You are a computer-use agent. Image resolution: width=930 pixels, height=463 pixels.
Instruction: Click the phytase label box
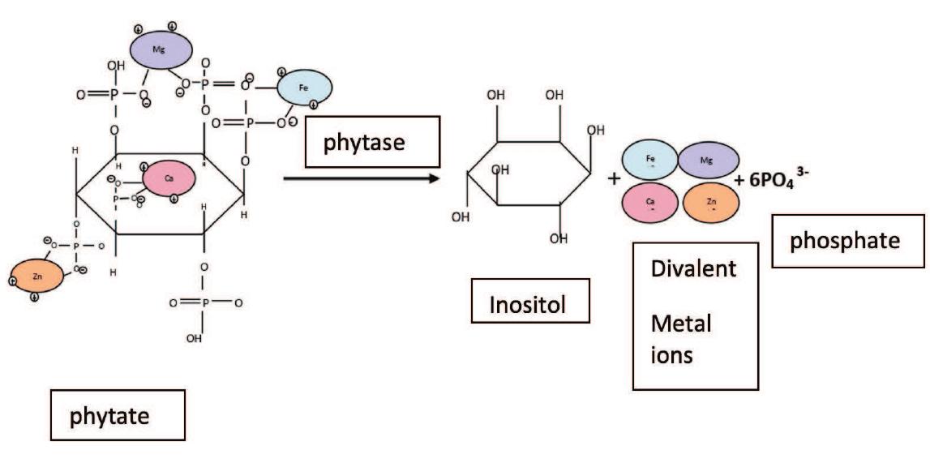click(371, 142)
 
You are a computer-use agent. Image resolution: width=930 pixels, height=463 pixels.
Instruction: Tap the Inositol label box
click(529, 306)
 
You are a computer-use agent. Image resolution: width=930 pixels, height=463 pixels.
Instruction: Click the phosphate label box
click(847, 241)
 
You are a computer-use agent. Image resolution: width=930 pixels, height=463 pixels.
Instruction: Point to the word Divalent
click(694, 269)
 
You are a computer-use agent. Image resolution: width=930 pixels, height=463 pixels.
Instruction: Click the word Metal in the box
click(681, 324)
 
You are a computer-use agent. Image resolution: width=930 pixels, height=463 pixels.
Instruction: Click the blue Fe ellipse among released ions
click(649, 160)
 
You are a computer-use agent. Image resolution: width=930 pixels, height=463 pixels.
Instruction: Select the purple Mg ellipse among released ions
click(708, 161)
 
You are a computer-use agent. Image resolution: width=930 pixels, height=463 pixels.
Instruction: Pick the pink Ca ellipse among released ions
click(650, 203)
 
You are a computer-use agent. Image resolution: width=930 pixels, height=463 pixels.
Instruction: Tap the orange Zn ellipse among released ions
click(711, 204)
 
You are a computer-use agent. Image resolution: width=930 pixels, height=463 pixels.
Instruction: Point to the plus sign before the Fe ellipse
click(612, 180)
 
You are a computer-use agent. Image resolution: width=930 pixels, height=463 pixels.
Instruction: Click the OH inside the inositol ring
click(499, 171)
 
